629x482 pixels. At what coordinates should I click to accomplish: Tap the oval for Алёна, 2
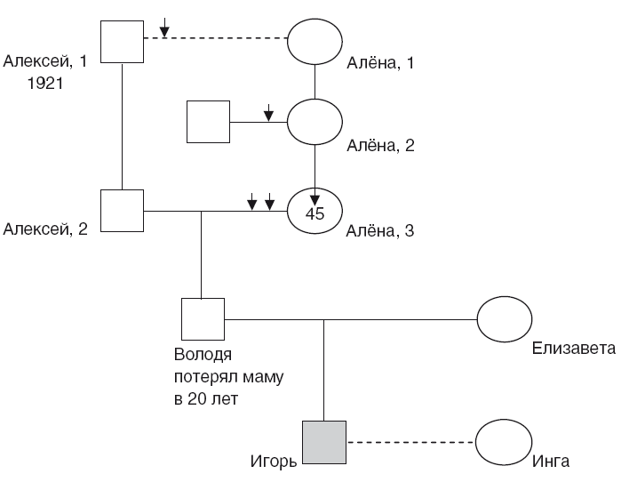pyautogui.click(x=315, y=121)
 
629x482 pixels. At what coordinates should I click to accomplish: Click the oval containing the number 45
pyautogui.click(x=315, y=212)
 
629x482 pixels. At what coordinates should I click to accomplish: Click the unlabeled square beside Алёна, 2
pyautogui.click(x=208, y=121)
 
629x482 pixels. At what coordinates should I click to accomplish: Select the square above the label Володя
pyautogui.click(x=202, y=319)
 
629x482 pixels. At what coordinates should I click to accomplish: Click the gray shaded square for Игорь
pyautogui.click(x=323, y=442)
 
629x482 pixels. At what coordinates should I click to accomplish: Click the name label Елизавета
pyautogui.click(x=573, y=349)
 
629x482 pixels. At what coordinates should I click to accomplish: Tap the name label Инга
pyautogui.click(x=551, y=462)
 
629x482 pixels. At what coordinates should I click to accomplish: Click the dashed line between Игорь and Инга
pyautogui.click(x=411, y=442)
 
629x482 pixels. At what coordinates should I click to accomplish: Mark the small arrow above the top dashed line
pyautogui.click(x=164, y=30)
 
